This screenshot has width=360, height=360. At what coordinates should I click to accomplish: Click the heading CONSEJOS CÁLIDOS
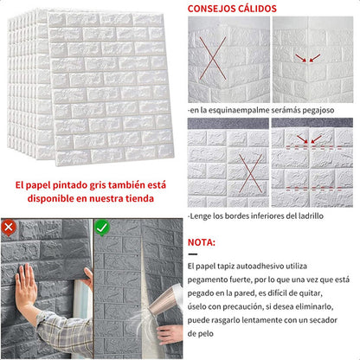tap(232, 9)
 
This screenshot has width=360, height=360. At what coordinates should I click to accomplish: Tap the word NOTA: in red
tap(202, 242)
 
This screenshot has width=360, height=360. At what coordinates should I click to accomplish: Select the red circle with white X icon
tap(9, 228)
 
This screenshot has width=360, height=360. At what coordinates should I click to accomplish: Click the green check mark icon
tap(102, 228)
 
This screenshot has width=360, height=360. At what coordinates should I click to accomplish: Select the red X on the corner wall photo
tap(213, 58)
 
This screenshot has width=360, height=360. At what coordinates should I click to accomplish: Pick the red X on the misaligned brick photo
tap(250, 173)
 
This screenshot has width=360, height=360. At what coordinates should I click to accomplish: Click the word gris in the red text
tap(99, 185)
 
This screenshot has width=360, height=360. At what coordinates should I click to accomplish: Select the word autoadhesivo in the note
tap(260, 266)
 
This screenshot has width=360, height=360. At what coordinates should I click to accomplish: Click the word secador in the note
tap(323, 320)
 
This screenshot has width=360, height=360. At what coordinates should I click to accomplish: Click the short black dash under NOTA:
tap(193, 254)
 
